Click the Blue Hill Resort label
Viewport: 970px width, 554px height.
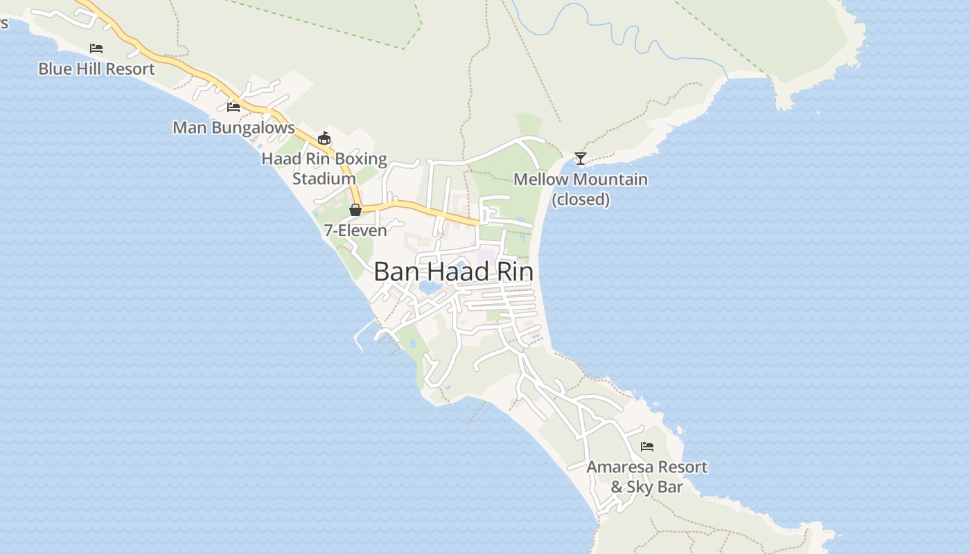(x=96, y=69)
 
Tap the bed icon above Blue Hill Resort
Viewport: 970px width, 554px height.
(x=96, y=48)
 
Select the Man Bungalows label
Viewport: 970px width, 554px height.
(x=233, y=128)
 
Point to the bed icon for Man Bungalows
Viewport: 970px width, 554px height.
(x=233, y=107)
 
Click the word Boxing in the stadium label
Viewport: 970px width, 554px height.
(x=361, y=159)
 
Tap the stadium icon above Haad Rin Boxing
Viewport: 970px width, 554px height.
(x=324, y=138)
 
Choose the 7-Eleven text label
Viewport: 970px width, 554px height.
(x=355, y=231)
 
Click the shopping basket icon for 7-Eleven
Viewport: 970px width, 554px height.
(x=355, y=210)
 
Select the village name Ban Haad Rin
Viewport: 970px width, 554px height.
(x=454, y=271)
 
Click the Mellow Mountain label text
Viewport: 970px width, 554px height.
(x=581, y=179)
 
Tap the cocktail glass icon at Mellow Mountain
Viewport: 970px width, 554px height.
(x=581, y=159)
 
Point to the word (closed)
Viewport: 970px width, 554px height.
(x=581, y=200)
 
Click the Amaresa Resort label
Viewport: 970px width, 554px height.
(x=647, y=467)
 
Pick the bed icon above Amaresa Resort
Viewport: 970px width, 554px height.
(x=647, y=447)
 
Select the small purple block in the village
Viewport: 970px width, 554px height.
(x=487, y=256)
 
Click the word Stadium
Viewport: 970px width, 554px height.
(x=324, y=179)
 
